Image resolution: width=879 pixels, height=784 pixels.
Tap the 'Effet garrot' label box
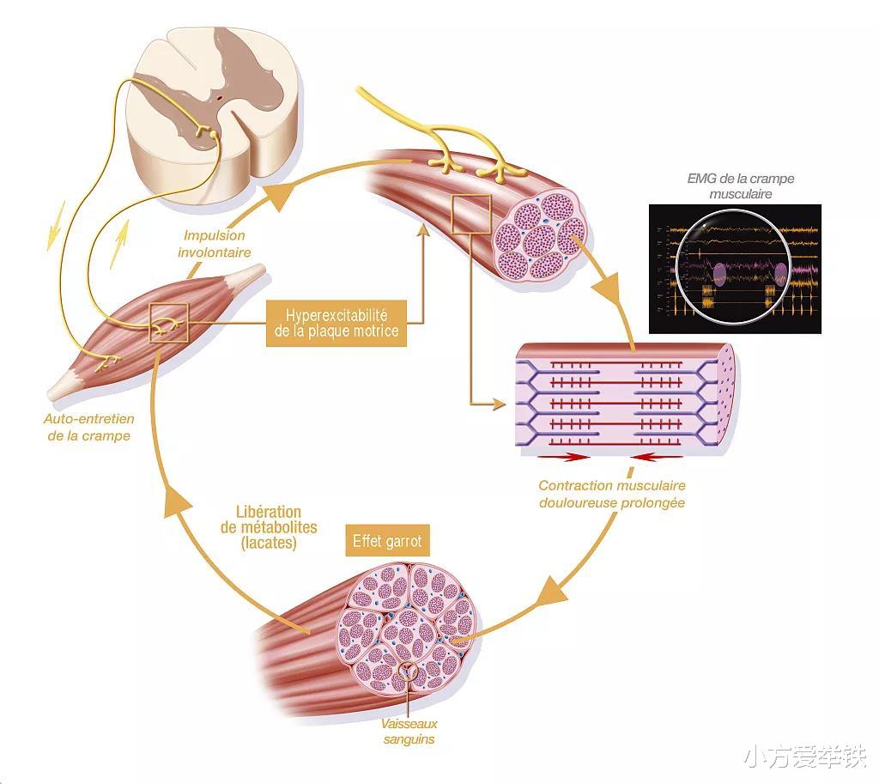[x=387, y=542]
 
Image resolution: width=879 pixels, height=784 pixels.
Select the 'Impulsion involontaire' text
[x=214, y=244]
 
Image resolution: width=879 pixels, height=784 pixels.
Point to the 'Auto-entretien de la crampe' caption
[x=88, y=428]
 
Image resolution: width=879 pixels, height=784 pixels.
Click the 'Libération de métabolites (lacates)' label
[x=270, y=527]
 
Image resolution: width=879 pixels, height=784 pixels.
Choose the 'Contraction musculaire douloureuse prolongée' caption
[x=612, y=494]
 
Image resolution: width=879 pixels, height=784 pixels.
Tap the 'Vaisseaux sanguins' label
[x=409, y=731]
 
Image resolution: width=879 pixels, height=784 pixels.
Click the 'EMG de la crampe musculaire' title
[x=740, y=186]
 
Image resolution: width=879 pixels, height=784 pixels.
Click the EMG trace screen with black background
[x=734, y=268]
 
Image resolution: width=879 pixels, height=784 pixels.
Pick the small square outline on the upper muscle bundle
[x=470, y=215]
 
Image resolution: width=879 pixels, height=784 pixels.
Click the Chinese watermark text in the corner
[x=804, y=759]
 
